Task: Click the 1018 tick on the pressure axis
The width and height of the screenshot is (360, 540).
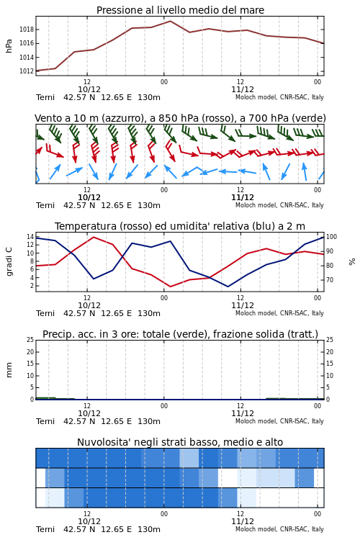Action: [x=26, y=30]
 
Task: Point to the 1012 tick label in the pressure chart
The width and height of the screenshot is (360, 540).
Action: [x=26, y=71]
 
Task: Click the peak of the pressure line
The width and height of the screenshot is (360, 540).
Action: [x=170, y=21]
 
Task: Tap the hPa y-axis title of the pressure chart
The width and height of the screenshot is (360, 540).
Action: [x=9, y=46]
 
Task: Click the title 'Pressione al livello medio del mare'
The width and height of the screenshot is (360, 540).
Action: [x=180, y=10]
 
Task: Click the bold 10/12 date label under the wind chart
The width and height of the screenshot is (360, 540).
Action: [x=89, y=197]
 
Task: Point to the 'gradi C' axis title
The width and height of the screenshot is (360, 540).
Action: [x=9, y=261]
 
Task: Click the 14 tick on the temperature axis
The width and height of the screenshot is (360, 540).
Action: [x=30, y=237]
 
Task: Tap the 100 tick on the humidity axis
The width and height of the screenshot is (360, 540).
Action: [x=331, y=237]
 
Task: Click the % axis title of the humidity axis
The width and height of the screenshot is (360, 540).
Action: [x=352, y=262]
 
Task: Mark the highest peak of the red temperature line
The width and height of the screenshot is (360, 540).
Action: [x=94, y=237]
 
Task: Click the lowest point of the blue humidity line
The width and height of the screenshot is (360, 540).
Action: [x=228, y=287]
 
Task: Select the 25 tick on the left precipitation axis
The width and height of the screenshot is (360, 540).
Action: [x=30, y=340]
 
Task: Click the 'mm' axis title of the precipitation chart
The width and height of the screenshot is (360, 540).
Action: [x=9, y=370]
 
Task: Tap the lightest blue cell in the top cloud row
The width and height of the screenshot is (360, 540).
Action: [x=189, y=458]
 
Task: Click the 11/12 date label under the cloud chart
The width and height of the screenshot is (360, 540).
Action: [x=243, y=521]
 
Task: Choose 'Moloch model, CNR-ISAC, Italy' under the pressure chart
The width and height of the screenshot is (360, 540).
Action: [x=279, y=97]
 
